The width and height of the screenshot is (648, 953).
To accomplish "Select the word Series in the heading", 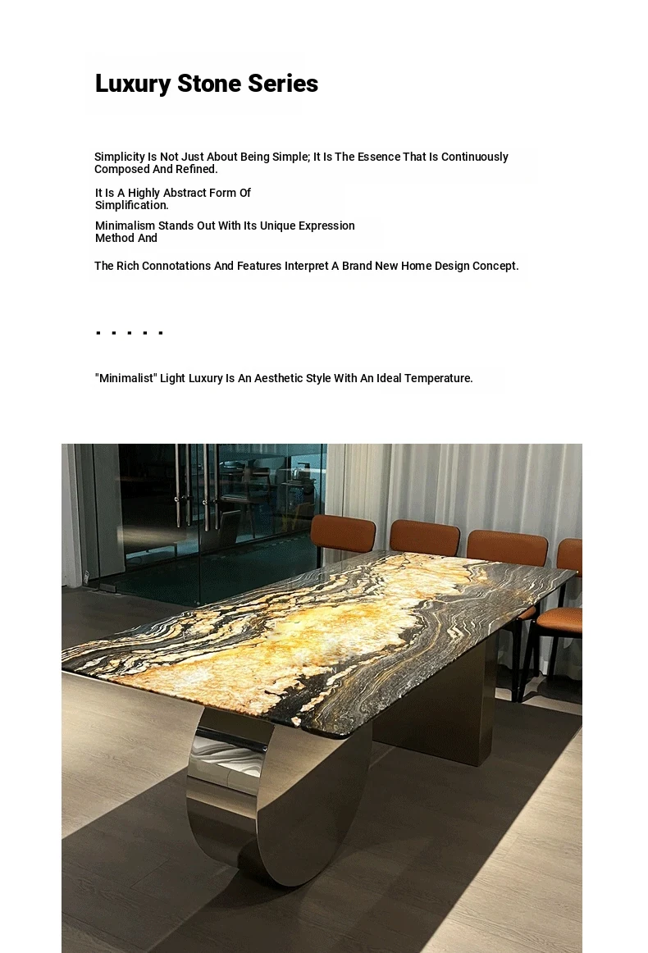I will pyautogui.click(x=286, y=84).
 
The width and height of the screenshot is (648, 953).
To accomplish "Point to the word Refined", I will pyautogui.click(x=196, y=170).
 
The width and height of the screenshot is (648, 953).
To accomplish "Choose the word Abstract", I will pyautogui.click(x=189, y=193).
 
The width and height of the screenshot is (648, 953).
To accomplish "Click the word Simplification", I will pyautogui.click(x=131, y=206).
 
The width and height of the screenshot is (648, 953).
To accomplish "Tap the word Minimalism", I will pyautogui.click(x=125, y=226).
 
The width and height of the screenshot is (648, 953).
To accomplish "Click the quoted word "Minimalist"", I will pyautogui.click(x=125, y=378).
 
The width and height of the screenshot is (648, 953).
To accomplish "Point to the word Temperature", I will pyautogui.click(x=438, y=378).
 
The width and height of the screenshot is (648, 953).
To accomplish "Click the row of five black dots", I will pyautogui.click(x=130, y=333).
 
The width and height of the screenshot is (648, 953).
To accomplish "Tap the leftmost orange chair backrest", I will pyautogui.click(x=343, y=533).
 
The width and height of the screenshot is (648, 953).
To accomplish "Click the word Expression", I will pyautogui.click(x=326, y=226).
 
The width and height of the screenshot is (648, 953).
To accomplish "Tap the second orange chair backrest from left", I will pyautogui.click(x=424, y=538).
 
